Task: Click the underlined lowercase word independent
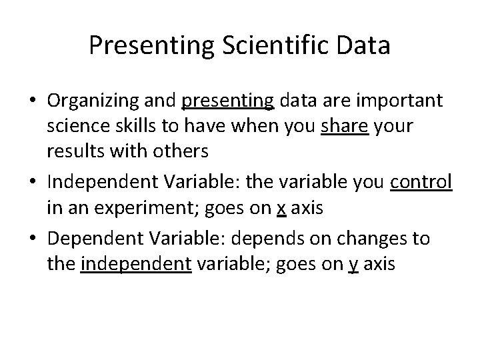click(137, 265)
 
